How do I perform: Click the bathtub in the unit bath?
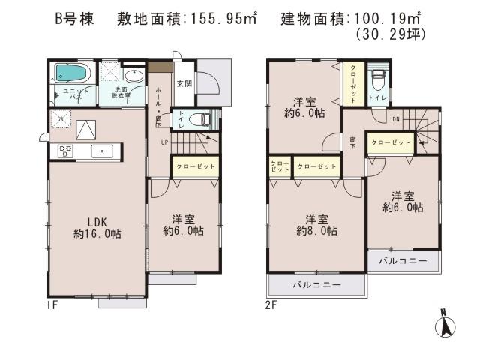[71, 74]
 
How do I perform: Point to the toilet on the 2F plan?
[380, 76]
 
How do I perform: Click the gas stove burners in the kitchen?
[64, 151]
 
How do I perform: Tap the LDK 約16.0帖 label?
[97, 226]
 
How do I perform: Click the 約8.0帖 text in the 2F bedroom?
[316, 231]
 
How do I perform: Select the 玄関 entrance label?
[184, 83]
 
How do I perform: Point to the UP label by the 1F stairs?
[163, 141]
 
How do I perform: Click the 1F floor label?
[52, 304]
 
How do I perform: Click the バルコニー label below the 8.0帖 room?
[317, 285]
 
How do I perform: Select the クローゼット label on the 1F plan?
[196, 166]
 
